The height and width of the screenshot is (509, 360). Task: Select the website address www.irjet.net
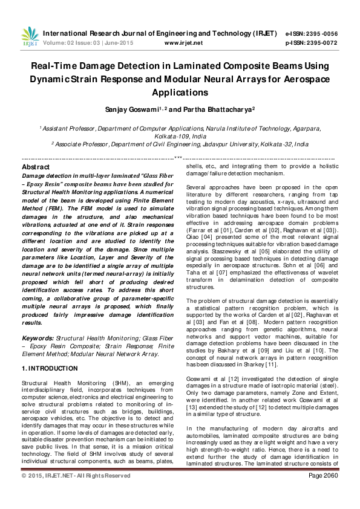click(182, 43)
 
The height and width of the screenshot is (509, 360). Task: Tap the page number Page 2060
click(322, 493)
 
